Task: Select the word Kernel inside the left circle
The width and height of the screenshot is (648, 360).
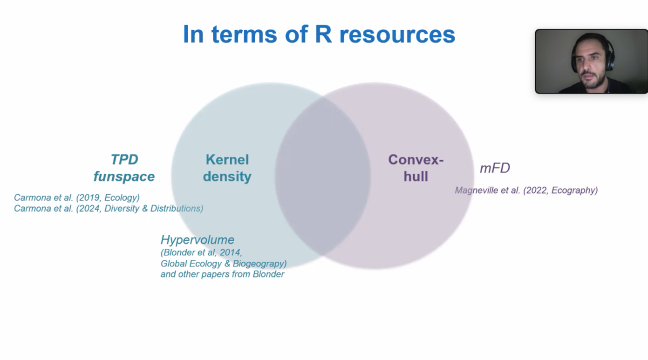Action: tap(227, 160)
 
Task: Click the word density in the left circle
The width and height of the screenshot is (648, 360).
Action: tap(227, 177)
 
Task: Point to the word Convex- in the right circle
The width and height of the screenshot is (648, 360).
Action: tap(416, 160)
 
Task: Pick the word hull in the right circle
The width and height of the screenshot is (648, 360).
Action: tap(416, 177)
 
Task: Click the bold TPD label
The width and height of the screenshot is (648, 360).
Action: tap(124, 160)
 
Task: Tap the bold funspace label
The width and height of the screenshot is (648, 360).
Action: tap(124, 177)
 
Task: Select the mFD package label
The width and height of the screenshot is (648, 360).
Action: tap(495, 168)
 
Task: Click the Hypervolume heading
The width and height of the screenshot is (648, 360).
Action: tap(198, 240)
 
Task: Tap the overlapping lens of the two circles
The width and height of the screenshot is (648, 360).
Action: tap(322, 176)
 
